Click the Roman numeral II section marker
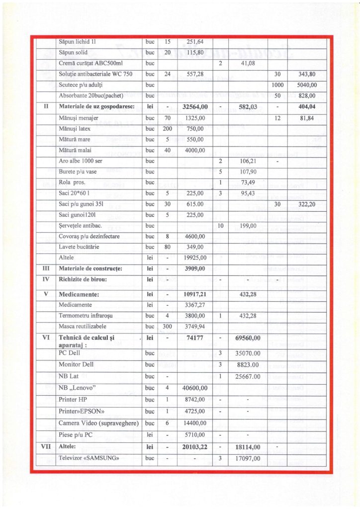[x=45, y=107]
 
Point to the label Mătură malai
[x=75, y=150]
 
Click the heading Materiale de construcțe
[x=90, y=268]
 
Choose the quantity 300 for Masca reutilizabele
[x=168, y=326]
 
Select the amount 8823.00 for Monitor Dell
[x=247, y=364]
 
